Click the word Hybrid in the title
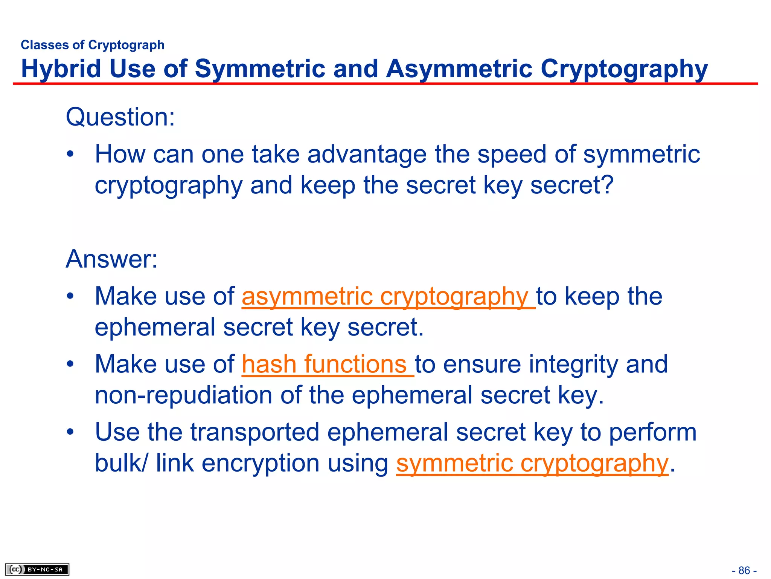tap(61, 69)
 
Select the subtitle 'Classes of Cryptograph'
tap(93, 45)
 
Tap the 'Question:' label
tap(120, 117)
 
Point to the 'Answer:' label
tap(111, 259)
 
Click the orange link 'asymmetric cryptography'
tap(388, 296)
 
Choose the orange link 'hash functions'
tap(327, 364)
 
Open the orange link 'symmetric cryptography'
tap(532, 463)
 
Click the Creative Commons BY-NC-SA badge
tap(37, 569)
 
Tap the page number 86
tap(744, 570)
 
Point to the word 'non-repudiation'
tap(183, 395)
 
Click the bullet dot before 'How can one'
tap(70, 155)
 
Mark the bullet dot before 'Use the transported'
tap(70, 432)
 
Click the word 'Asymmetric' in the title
tap(459, 69)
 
